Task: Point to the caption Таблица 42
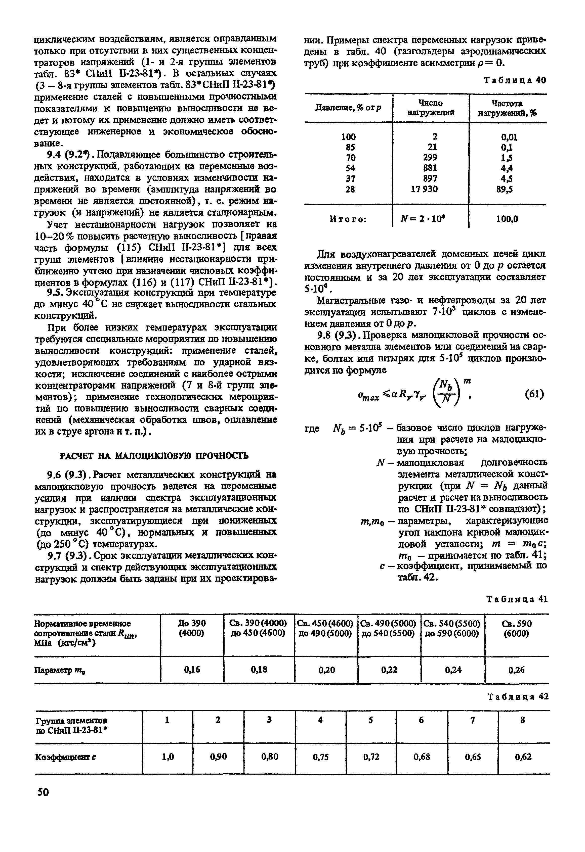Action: click(x=518, y=697)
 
